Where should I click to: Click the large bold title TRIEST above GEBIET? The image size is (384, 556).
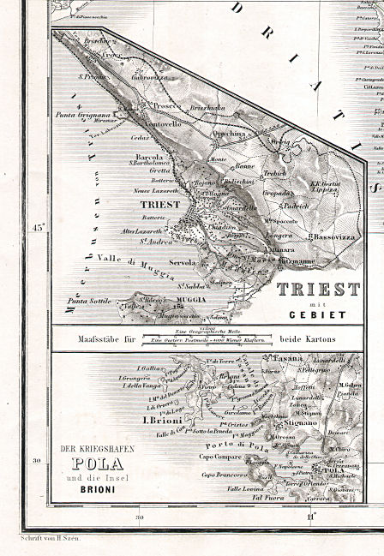click(x=317, y=289)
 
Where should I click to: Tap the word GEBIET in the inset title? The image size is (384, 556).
click(x=317, y=314)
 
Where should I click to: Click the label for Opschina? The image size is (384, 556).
click(x=229, y=135)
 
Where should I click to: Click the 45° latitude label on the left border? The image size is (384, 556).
click(x=37, y=228)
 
